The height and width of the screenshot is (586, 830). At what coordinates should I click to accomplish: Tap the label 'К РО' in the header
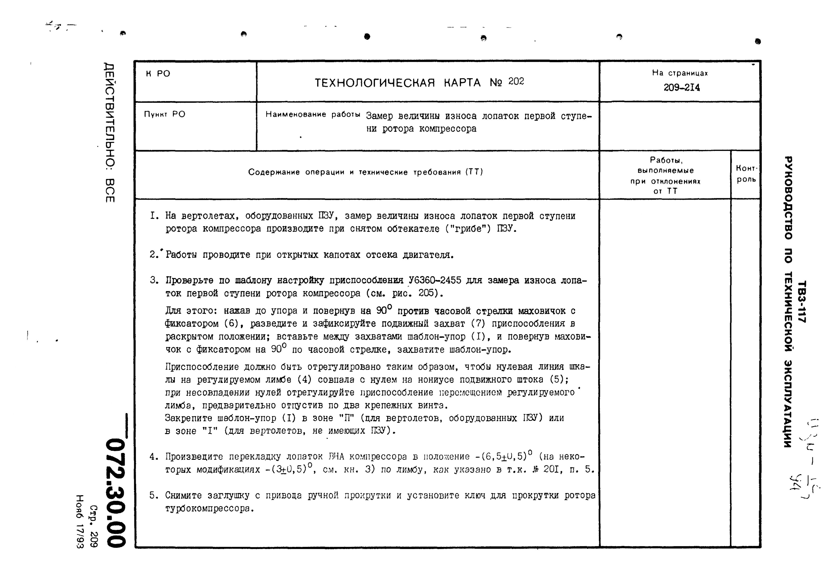158,74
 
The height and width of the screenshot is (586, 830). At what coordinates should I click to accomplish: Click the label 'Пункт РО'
165,114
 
